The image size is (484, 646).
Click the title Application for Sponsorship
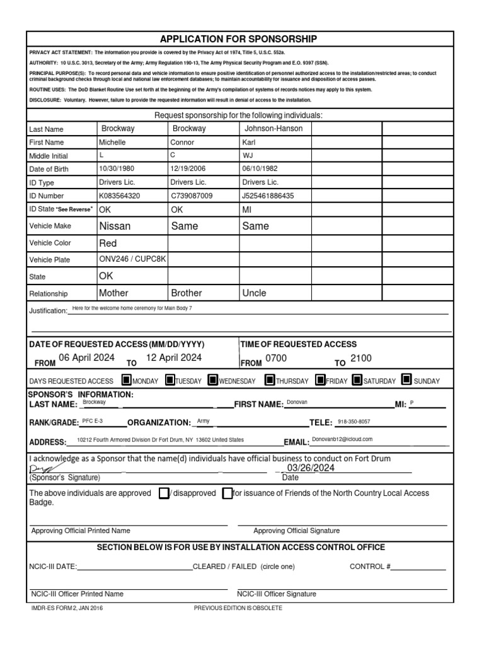tap(238, 39)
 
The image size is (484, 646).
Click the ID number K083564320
tap(120, 196)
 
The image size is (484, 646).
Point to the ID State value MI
tap(247, 209)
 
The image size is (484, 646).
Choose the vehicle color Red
tap(108, 243)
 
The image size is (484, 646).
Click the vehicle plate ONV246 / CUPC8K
tap(132, 259)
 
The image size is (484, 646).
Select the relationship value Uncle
tap(254, 293)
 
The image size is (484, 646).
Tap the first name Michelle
tap(113, 143)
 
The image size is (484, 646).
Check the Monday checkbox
tap(126, 380)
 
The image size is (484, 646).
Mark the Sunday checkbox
tap(406, 380)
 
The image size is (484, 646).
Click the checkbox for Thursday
tap(270, 380)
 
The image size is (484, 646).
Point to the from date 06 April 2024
tap(86, 358)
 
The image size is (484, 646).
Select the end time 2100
tap(361, 358)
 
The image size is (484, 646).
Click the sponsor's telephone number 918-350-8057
tap(354, 421)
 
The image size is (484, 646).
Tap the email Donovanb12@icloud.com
tap(342, 439)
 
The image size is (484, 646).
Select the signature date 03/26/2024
tap(310, 468)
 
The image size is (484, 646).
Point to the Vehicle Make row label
tap(50, 226)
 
